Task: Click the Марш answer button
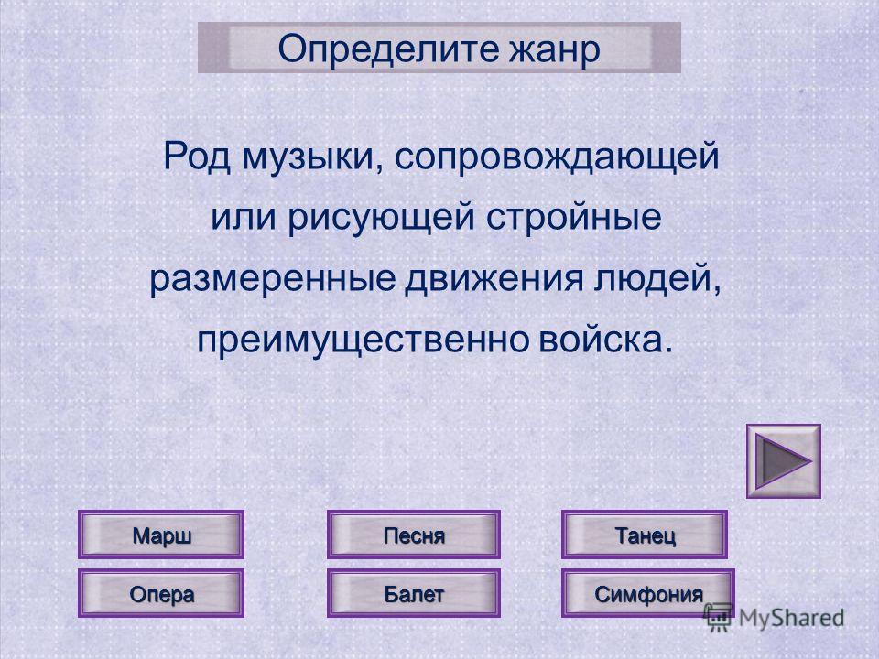161,535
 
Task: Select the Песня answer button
414,535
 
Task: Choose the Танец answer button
645,535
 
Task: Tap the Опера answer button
161,593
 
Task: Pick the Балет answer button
414,593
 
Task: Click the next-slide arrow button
783,461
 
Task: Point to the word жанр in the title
554,50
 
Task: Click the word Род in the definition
197,157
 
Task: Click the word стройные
573,219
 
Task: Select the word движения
494,278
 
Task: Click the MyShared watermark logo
775,618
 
